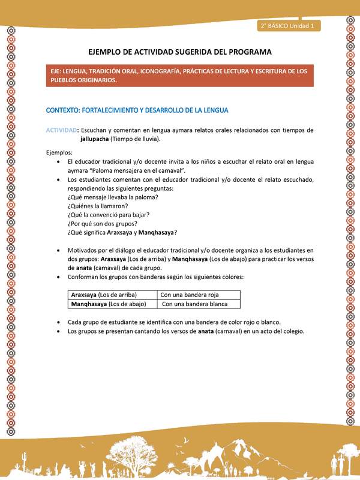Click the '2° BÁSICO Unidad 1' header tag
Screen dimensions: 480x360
289,26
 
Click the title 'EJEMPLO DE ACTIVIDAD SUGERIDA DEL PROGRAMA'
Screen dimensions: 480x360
180,52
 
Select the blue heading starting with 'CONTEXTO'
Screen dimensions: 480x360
129,110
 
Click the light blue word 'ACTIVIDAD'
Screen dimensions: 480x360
62,130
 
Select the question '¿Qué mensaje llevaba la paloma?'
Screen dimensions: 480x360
113,197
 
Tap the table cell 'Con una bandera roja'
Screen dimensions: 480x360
189,295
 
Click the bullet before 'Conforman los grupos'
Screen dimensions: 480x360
57,277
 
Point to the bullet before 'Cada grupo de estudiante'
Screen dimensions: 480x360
57,322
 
